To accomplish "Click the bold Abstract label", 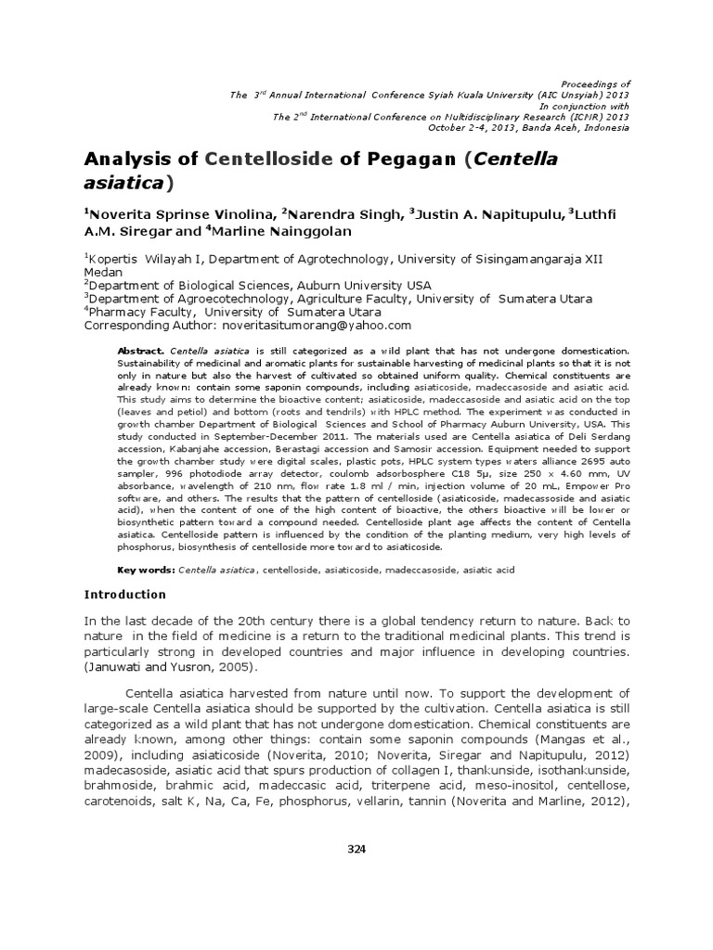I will [140, 352].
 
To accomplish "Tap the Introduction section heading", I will [125, 595].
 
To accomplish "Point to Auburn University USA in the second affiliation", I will [363, 286].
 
